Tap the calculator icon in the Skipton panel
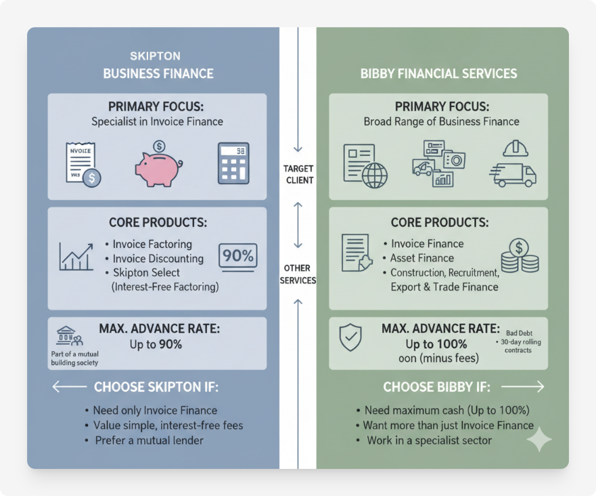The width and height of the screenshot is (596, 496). pos(233,163)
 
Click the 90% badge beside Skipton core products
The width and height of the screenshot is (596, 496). pos(237,256)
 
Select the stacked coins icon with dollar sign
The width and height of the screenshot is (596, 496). pos(520,255)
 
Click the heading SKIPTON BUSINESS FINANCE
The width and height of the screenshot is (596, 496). pos(158,66)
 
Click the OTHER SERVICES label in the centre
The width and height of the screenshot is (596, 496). pos(298,275)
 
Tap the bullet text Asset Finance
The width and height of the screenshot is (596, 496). pos(421,258)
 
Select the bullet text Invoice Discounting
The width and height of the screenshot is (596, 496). pos(158,258)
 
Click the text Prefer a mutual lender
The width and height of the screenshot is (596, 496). pos(149,440)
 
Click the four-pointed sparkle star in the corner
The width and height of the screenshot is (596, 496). pos(538,440)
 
